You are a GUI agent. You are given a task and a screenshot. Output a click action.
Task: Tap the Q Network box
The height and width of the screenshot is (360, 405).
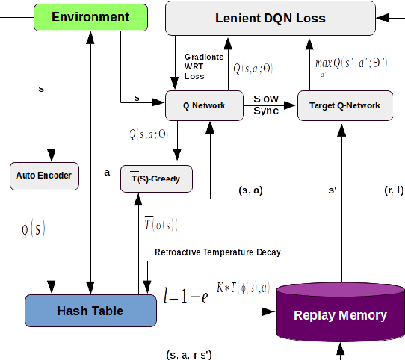point(205,106)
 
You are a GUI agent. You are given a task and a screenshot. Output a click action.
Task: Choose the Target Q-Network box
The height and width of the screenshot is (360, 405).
point(344,106)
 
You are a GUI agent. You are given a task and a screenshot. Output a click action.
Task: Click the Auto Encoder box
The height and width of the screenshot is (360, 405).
point(44,176)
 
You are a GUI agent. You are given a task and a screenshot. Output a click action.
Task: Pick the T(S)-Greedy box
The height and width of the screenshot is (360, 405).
point(156,179)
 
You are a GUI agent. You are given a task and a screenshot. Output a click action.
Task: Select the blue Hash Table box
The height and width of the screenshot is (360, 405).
point(90,310)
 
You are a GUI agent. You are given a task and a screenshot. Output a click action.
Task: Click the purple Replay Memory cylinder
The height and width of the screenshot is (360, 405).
point(340,314)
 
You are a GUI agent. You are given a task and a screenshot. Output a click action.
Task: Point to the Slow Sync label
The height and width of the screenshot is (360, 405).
point(266,105)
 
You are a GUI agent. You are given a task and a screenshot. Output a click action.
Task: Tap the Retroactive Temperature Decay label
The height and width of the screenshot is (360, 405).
point(217,252)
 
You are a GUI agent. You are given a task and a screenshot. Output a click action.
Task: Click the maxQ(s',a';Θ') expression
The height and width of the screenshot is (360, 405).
point(351,64)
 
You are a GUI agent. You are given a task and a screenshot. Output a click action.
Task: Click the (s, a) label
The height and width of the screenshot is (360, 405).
point(248,191)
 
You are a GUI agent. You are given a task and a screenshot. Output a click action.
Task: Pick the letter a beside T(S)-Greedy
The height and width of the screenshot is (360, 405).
point(107,173)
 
